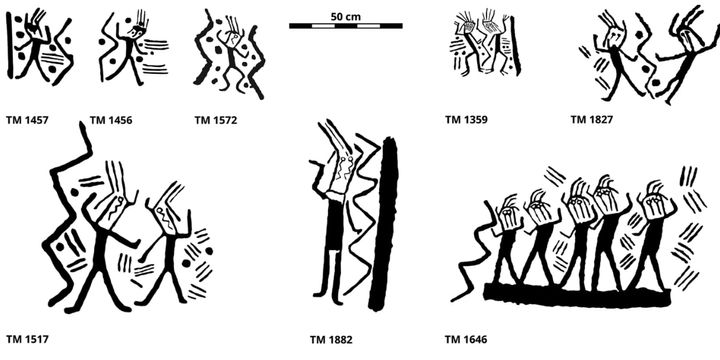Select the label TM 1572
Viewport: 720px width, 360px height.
217,120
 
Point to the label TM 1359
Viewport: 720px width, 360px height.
467,120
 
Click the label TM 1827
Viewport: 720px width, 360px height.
592,120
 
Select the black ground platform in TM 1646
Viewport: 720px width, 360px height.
575,293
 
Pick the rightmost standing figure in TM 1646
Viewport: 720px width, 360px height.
651,235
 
